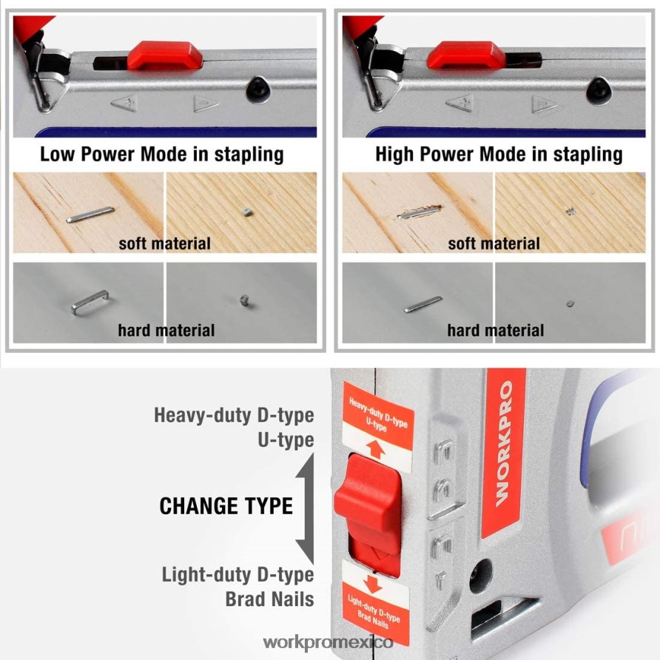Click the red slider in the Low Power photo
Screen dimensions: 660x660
tap(165, 55)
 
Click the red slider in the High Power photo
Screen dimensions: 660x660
tap(466, 55)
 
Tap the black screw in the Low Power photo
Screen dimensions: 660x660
tap(258, 88)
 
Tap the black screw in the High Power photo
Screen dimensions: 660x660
tap(599, 88)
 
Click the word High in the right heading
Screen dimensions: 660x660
tap(394, 154)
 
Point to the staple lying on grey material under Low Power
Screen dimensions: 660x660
tap(90, 302)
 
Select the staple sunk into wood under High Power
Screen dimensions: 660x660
tap(420, 212)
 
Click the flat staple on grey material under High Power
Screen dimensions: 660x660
tap(423, 304)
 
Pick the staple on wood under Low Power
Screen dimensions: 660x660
tap(90, 215)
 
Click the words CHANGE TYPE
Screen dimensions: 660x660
tap(226, 506)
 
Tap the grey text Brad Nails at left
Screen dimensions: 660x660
tap(270, 599)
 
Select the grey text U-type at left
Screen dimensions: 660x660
tap(286, 440)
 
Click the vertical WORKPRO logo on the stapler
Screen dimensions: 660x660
tap(504, 443)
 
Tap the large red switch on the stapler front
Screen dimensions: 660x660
tap(368, 505)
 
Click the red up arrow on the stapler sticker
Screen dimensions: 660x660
tap(375, 449)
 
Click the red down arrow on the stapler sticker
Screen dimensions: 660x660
tap(372, 585)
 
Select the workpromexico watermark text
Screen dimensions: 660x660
tap(328, 643)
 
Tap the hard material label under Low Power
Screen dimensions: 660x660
tap(166, 331)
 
